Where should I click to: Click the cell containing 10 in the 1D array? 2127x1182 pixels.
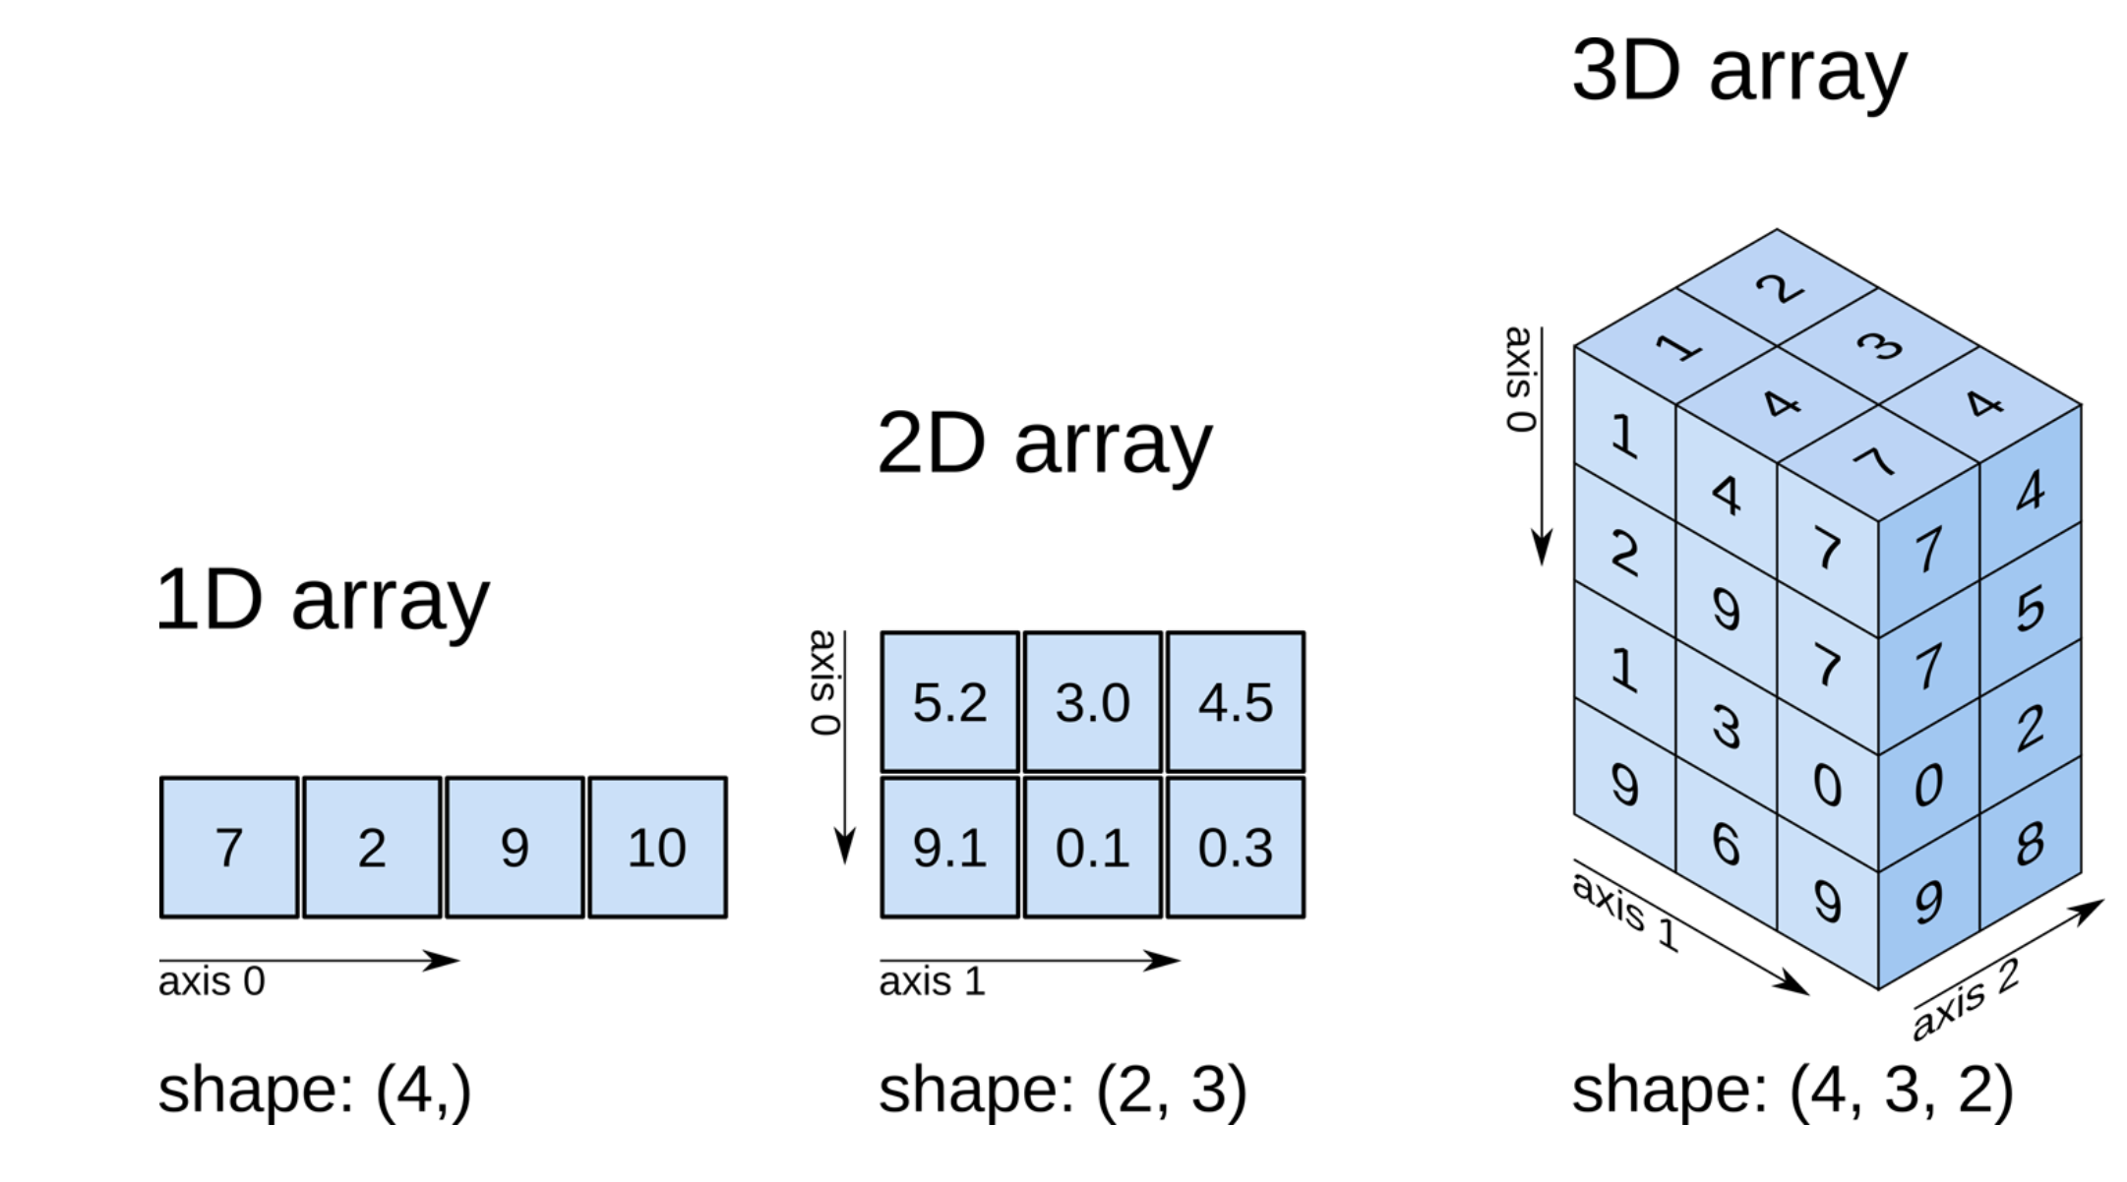(x=657, y=848)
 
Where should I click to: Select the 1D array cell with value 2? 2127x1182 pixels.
(x=372, y=848)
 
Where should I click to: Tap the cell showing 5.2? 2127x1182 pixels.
(x=949, y=702)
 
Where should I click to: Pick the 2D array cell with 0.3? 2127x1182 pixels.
(x=1236, y=848)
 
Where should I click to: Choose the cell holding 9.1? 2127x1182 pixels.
(x=949, y=848)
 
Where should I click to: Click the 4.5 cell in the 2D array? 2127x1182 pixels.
(x=1236, y=702)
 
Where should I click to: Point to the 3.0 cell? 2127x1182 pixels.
(x=1092, y=702)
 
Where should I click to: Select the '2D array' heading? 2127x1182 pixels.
(x=1044, y=444)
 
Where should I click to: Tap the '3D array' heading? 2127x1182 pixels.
(x=1738, y=71)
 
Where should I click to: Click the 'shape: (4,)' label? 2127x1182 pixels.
(x=315, y=1090)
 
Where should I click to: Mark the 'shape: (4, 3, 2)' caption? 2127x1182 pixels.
(x=1793, y=1090)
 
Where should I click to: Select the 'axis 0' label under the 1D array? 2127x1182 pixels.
(x=212, y=981)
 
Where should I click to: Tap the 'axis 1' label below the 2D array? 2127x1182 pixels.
(x=932, y=981)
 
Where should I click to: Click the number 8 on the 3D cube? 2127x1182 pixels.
(x=2030, y=844)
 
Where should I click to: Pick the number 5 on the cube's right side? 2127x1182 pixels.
(x=2030, y=609)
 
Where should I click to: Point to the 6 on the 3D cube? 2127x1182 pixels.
(x=1726, y=844)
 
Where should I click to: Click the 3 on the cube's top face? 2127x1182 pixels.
(x=1879, y=346)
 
